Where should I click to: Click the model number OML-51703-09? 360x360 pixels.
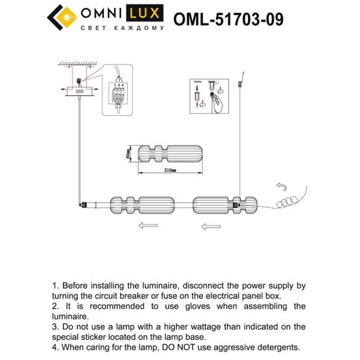[x=228, y=19]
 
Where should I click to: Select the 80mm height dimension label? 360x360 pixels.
[x=126, y=154]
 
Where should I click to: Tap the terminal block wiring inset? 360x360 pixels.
[x=118, y=94]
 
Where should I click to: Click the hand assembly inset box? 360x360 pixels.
[x=207, y=94]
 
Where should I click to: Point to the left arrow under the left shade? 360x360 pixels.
[x=149, y=226]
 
